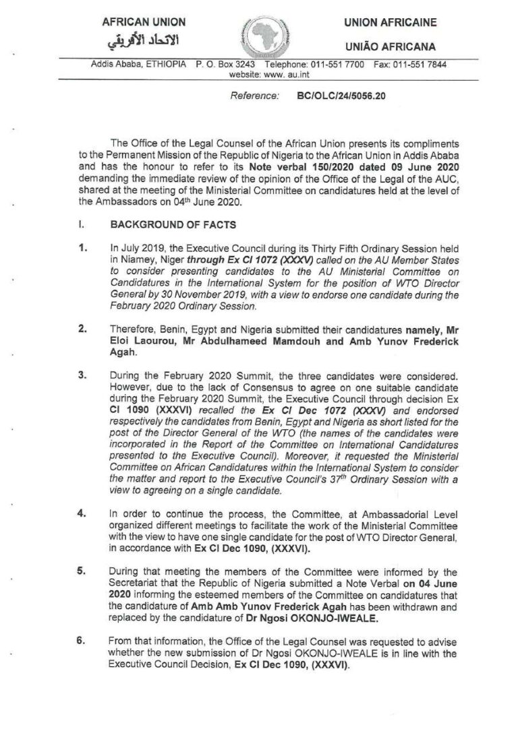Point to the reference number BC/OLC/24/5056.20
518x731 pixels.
[x=341, y=97]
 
